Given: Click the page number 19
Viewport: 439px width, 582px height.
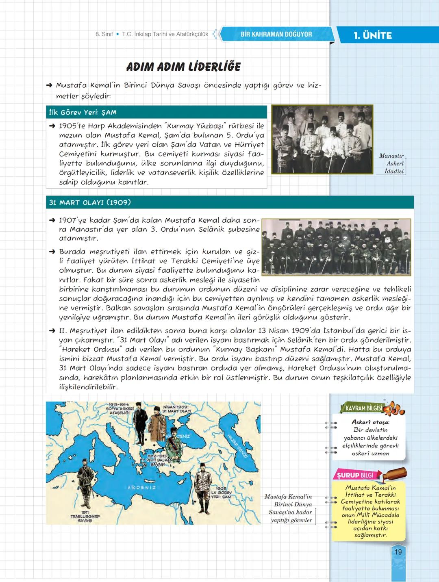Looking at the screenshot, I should pos(398,552).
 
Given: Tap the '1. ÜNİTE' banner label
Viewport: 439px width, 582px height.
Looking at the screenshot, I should pos(373,35).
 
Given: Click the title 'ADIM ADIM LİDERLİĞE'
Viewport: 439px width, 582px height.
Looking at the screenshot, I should pos(183,67).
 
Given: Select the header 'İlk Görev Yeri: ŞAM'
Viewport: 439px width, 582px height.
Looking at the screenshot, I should pos(83,112).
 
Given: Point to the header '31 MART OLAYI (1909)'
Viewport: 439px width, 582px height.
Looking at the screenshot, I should pos(90,202).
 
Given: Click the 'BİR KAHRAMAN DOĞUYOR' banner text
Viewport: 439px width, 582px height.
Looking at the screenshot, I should pos(276,34).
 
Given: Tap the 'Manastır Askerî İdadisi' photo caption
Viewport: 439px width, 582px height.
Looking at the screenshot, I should pos(392,163).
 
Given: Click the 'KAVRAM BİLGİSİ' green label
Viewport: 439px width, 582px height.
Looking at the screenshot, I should pos(363,408).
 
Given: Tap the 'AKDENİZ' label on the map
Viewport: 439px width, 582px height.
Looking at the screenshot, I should pos(141,487).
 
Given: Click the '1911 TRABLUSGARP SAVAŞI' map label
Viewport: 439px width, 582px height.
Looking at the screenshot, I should pos(85,517).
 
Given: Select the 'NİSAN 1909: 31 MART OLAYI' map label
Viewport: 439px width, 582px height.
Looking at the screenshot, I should pos(176,409).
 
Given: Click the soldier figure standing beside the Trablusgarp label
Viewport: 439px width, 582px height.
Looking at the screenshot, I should pos(85,483).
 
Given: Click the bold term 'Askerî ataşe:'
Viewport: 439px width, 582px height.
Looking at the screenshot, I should pos(370,422).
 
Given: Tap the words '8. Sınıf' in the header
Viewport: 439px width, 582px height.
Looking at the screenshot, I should pos(104,34).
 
